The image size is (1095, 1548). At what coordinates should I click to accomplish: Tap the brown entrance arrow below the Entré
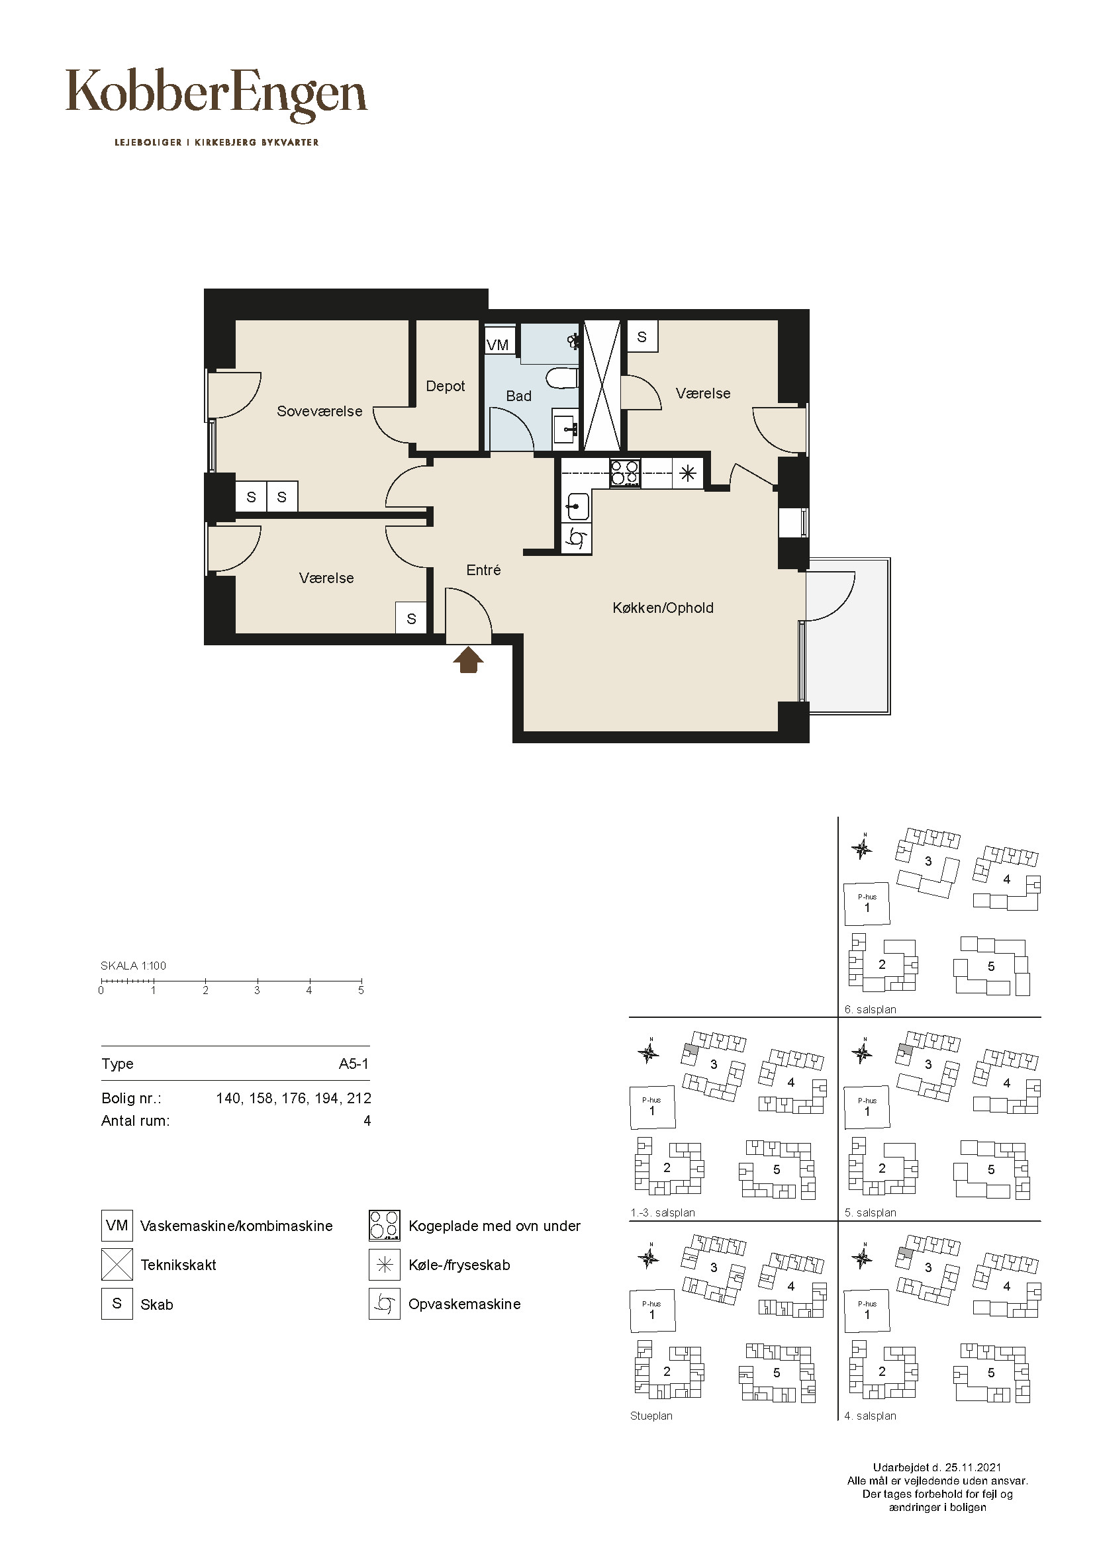point(468,660)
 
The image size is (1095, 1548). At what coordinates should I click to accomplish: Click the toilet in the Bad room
point(562,379)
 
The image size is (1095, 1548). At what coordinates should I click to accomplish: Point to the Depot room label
point(446,387)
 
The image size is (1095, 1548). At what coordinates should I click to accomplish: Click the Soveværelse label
point(320,411)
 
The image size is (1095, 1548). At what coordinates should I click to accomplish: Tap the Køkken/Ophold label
point(663,608)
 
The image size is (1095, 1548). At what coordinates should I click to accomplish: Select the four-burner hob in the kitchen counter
point(624,473)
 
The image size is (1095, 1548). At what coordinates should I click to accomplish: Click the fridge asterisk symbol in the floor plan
point(687,473)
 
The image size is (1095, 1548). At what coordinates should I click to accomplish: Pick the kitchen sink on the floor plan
point(577,505)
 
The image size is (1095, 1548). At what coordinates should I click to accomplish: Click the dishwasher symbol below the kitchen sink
point(577,539)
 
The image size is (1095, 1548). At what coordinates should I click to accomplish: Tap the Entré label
point(483,570)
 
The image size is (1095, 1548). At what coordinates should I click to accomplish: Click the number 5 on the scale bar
point(361,991)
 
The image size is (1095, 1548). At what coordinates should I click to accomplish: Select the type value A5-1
point(354,1064)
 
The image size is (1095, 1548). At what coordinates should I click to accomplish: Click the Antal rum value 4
point(367,1120)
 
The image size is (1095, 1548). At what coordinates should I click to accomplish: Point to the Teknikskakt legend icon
point(117,1264)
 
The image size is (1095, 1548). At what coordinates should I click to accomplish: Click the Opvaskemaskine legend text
point(465,1304)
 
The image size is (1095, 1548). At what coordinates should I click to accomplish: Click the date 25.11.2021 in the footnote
point(973,1467)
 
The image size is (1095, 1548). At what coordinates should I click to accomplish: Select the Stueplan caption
point(651,1416)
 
